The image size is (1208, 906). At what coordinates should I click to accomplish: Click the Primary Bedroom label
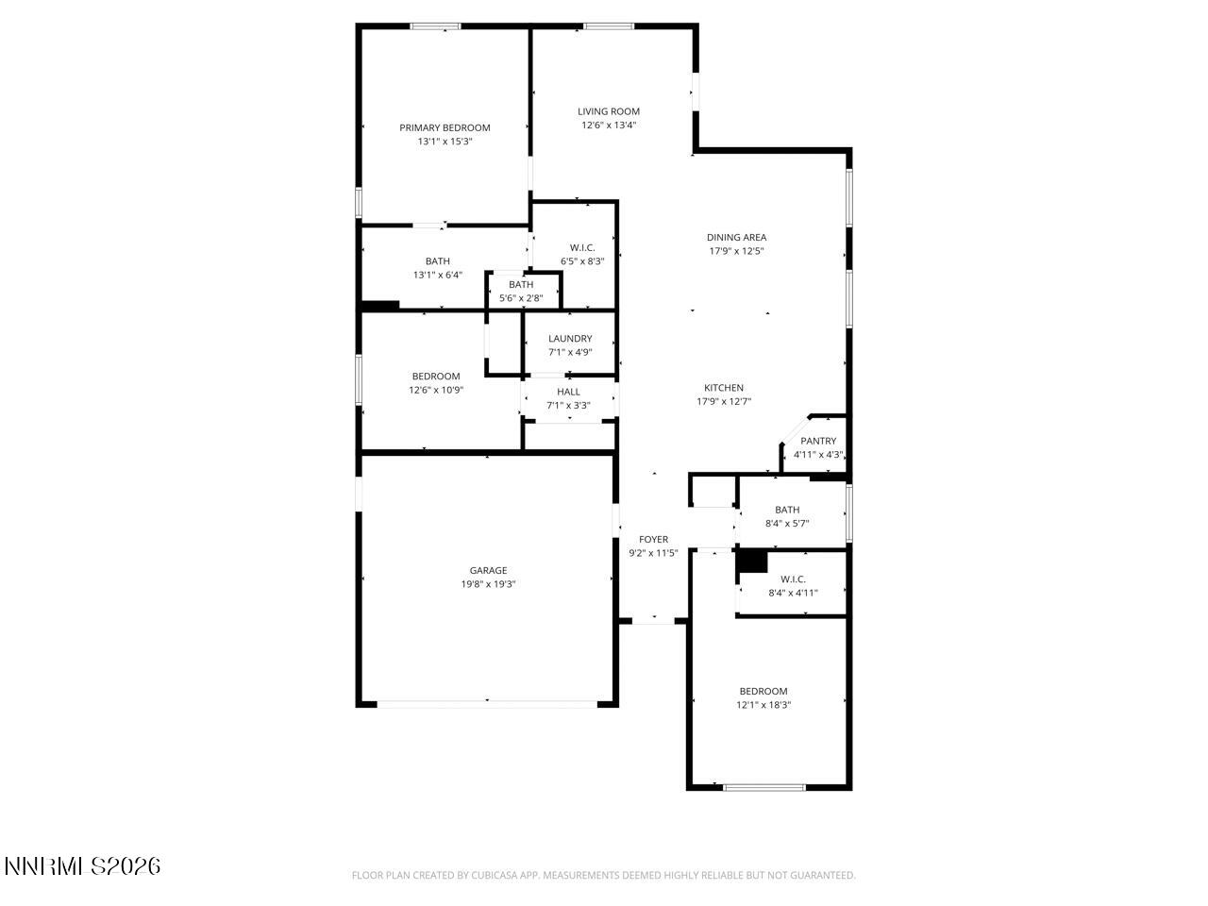click(x=445, y=127)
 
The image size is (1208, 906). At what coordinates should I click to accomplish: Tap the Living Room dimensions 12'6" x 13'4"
click(x=609, y=125)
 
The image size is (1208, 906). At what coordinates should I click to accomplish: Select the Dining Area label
click(x=736, y=238)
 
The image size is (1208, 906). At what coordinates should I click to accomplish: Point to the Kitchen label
click(x=724, y=388)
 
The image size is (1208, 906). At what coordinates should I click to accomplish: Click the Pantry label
click(x=818, y=441)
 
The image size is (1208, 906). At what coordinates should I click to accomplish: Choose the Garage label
click(x=488, y=570)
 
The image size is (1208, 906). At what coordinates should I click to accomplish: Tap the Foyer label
click(x=653, y=540)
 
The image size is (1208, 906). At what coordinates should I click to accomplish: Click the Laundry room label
click(x=570, y=339)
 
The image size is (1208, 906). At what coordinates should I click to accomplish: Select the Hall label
click(x=568, y=392)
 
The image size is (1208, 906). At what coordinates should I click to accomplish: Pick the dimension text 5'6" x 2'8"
click(x=521, y=298)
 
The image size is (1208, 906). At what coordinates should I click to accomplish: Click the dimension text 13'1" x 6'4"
click(x=437, y=276)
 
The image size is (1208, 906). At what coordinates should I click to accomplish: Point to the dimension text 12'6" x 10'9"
click(x=436, y=390)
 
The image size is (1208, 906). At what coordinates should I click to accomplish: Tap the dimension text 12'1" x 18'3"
click(x=763, y=704)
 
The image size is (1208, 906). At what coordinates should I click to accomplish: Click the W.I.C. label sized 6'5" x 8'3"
click(x=582, y=248)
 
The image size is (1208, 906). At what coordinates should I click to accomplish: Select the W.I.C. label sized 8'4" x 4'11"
click(x=793, y=579)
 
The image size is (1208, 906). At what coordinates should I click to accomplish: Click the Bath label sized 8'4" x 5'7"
click(x=787, y=510)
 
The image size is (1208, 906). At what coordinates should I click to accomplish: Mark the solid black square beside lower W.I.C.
click(x=752, y=561)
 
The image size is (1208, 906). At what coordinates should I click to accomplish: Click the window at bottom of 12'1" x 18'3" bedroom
click(x=764, y=787)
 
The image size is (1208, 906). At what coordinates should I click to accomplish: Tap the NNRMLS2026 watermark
click(x=82, y=865)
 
